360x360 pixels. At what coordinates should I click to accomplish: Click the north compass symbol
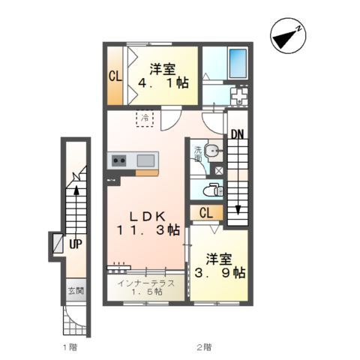[288, 36]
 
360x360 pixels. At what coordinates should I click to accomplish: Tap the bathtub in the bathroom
[238, 63]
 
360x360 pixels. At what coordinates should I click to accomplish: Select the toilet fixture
[213, 190]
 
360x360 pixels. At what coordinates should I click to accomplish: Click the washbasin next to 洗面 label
[212, 151]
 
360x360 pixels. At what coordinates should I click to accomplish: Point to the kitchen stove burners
[118, 160]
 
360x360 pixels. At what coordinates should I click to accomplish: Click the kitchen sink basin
[145, 160]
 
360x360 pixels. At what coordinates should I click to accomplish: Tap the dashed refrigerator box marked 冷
[145, 118]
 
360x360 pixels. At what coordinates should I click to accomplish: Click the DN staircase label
[237, 135]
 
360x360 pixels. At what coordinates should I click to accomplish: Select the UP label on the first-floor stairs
[76, 244]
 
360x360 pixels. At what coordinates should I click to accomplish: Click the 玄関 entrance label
[76, 291]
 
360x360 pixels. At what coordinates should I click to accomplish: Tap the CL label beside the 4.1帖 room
[115, 76]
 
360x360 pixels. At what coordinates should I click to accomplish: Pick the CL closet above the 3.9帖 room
[206, 213]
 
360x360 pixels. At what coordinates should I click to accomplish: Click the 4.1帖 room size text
[163, 82]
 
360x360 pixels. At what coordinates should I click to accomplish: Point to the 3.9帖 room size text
[220, 273]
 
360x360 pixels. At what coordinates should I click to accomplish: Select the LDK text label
[148, 217]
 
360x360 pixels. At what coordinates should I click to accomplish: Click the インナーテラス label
[146, 283]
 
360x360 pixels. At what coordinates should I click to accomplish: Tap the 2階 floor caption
[204, 347]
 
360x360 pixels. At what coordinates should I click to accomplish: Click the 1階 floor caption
[70, 347]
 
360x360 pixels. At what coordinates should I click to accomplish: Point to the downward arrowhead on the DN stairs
[238, 210]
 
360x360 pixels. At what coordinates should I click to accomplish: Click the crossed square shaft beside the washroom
[219, 171]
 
